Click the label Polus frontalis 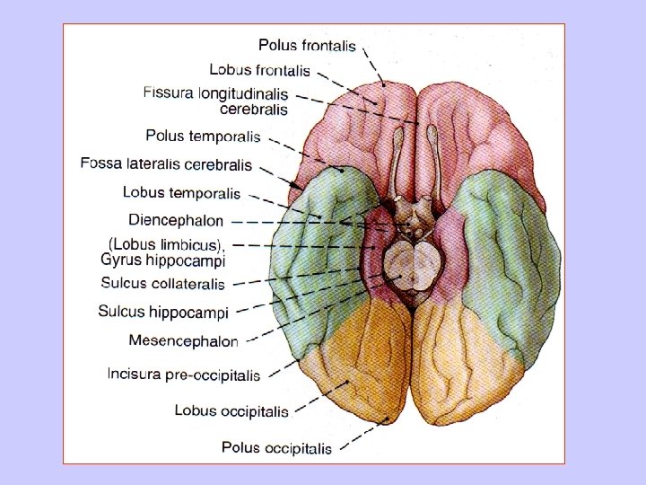(307, 45)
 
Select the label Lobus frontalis (259, 69)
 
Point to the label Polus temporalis (203, 137)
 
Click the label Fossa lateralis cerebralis (166, 164)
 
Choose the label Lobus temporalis (181, 192)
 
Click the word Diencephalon (176, 219)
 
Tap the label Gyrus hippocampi (163, 260)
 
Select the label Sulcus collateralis (161, 284)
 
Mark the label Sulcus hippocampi (163, 313)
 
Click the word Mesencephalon (183, 340)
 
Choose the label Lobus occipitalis (231, 410)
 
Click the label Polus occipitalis (276, 447)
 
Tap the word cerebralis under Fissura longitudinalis (254, 110)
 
